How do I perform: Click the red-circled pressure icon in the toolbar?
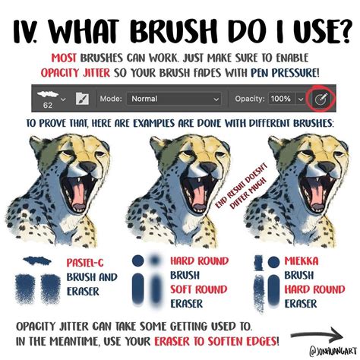pyautogui.click(x=321, y=99)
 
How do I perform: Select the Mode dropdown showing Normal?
pyautogui.click(x=174, y=99)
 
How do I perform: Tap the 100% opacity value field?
pyautogui.click(x=280, y=99)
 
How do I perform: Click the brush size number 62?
pyautogui.click(x=48, y=106)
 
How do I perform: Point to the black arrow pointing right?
pyautogui.click(x=317, y=336)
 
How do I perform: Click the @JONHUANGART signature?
pyautogui.click(x=333, y=351)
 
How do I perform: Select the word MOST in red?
pyautogui.click(x=64, y=58)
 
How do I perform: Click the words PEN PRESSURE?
pyautogui.click(x=285, y=73)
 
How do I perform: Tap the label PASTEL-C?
pyautogui.click(x=85, y=263)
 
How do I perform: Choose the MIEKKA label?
pyautogui.click(x=302, y=261)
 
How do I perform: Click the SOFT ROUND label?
pyautogui.click(x=199, y=289)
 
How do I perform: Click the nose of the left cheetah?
pyautogui.click(x=88, y=167)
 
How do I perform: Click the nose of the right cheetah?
pyautogui.click(x=327, y=166)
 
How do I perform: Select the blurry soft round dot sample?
pyautogui.click(x=154, y=261)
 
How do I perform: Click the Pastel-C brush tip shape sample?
pyautogui.click(x=37, y=261)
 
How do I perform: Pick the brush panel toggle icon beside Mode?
pyautogui.click(x=82, y=99)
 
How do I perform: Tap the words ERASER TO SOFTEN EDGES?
pyautogui.click(x=216, y=342)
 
